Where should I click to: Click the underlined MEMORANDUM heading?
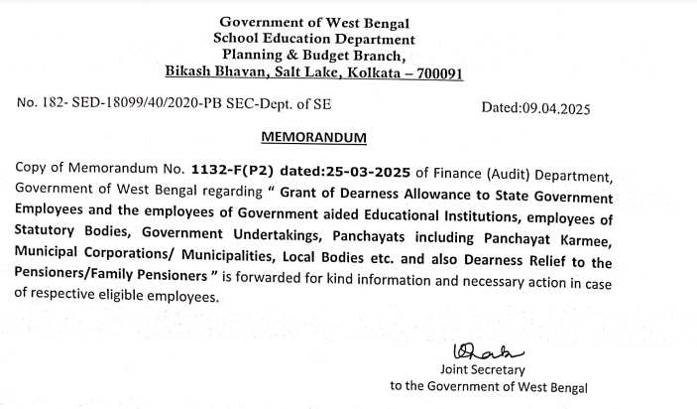(x=312, y=135)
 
